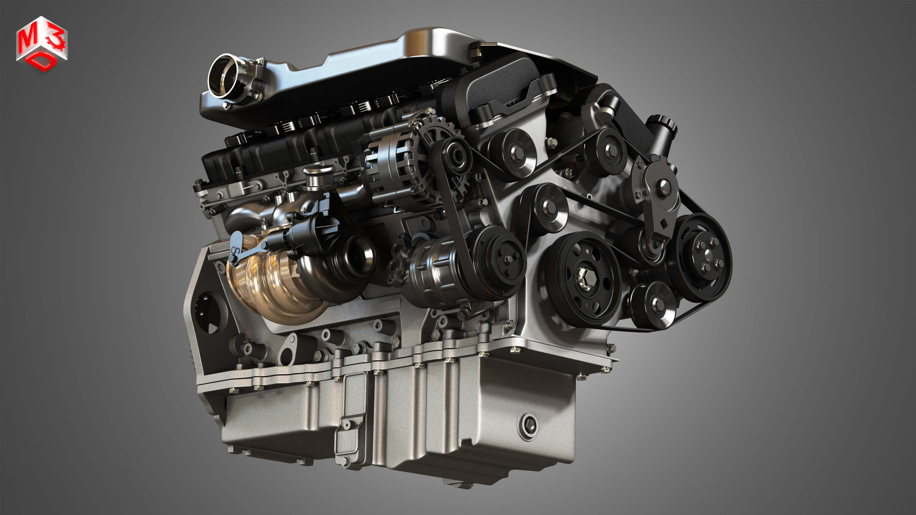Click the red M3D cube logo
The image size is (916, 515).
click(42, 44)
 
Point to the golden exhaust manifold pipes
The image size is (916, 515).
click(270, 284)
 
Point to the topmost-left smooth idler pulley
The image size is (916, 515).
click(514, 153)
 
